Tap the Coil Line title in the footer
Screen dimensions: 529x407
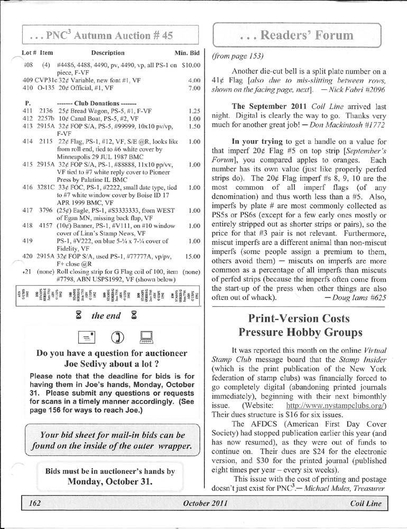pos(366,504)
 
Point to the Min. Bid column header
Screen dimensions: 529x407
pos(187,53)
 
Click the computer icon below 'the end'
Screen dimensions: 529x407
pos(147,336)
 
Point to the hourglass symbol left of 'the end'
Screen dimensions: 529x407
pos(79,316)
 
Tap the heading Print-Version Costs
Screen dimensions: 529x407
pos(299,318)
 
